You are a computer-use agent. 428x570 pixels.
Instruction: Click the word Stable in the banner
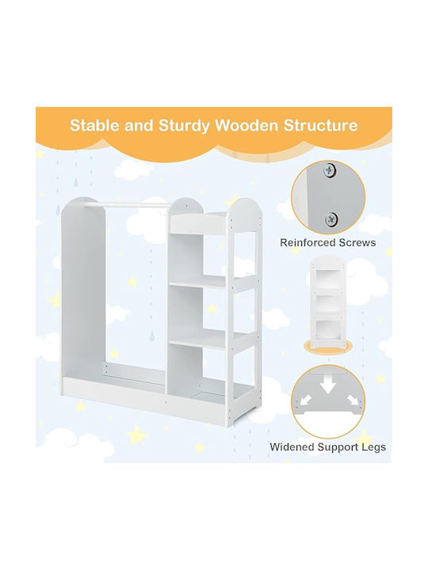[94, 125]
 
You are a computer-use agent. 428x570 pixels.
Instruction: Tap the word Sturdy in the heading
[184, 126]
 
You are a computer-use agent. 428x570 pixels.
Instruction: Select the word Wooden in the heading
[247, 125]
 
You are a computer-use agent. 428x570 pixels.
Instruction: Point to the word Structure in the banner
[321, 125]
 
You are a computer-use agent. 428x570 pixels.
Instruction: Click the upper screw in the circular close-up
[330, 169]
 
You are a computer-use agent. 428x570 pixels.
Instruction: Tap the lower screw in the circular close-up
[331, 218]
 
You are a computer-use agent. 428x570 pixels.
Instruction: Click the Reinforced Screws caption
[327, 242]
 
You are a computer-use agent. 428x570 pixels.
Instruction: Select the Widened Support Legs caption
[327, 446]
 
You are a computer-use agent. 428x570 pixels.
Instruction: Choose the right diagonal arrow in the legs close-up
[353, 400]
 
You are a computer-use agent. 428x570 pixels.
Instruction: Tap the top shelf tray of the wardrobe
[198, 224]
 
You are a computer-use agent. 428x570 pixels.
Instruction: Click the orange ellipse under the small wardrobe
[328, 346]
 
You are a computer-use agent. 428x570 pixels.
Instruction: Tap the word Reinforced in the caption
[306, 242]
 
